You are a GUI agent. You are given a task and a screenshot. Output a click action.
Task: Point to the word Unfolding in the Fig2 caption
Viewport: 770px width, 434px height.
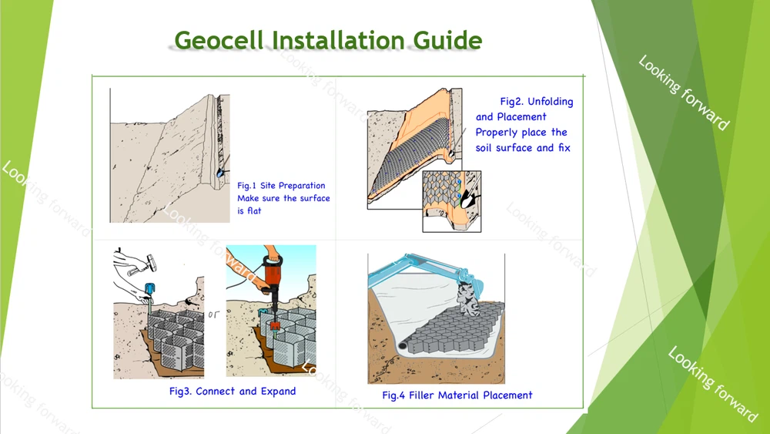[x=550, y=102]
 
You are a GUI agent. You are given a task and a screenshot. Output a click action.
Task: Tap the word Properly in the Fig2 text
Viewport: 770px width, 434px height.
[x=497, y=133]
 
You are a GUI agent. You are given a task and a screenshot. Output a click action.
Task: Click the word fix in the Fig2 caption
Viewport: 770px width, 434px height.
[x=564, y=148]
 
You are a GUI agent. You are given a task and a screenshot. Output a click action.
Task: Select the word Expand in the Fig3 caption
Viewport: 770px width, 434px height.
[x=278, y=392]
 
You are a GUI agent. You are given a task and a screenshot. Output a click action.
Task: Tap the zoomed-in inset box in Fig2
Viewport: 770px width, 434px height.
[x=451, y=201]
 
